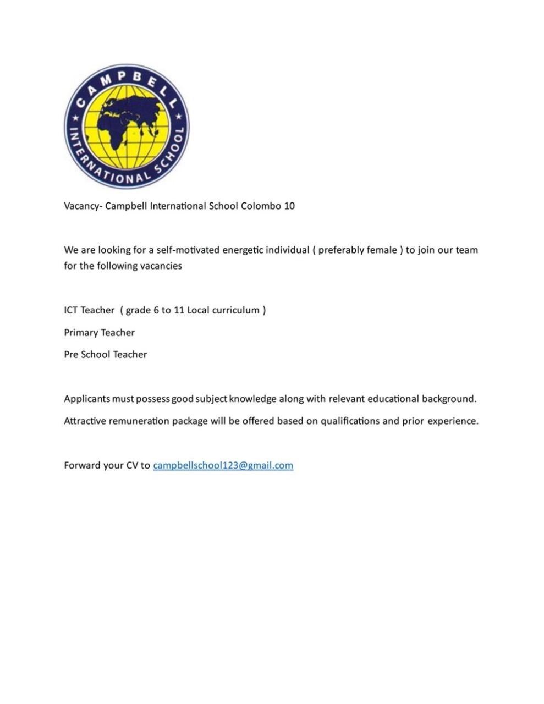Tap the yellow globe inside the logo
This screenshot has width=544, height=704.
[x=128, y=128]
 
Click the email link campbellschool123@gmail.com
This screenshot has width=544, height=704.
[x=223, y=465]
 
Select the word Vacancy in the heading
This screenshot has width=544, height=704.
[x=81, y=206]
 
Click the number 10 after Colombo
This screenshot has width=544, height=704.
[x=289, y=206]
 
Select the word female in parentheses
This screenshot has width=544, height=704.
[x=382, y=250]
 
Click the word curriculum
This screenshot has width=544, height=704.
[x=235, y=310]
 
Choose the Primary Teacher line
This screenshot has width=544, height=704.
[x=99, y=333]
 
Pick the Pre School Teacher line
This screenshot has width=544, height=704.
[x=105, y=355]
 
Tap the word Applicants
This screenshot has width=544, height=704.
[x=87, y=399]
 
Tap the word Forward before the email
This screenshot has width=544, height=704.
[x=82, y=465]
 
